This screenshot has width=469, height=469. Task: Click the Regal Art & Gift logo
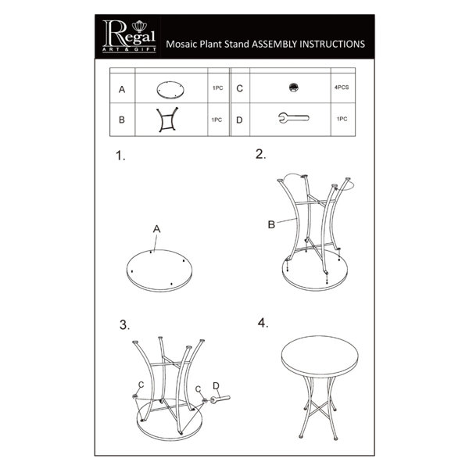point(129,37)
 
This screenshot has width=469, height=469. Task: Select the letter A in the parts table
point(122,89)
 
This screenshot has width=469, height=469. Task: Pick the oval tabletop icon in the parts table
point(170,89)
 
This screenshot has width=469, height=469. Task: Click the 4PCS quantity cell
point(342,88)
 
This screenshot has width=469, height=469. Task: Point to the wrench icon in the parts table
point(294,117)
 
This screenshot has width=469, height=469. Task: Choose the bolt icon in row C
point(294,88)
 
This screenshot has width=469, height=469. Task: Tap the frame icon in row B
point(167,120)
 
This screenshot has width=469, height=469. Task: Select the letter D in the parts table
point(239,120)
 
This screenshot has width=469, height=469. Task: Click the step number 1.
point(120,156)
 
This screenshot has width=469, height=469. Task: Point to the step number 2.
point(260,154)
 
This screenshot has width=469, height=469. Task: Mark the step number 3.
point(124,325)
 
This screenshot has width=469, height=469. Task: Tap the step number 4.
point(263,323)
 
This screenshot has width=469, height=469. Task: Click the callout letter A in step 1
point(157,229)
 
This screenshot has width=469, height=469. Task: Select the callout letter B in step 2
point(271,224)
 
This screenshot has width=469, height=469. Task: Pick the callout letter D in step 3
point(216,386)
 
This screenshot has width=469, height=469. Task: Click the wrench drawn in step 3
point(220,399)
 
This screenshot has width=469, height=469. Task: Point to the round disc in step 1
point(159,270)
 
